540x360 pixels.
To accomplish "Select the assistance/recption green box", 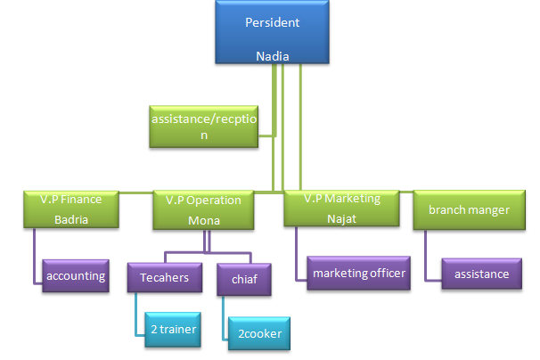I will tap(203, 125).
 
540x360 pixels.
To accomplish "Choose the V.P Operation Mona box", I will tap(203, 209).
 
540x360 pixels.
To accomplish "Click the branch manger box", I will tap(469, 209).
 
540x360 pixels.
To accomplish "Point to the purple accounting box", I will tap(77, 276).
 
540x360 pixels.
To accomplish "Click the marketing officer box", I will tap(359, 273).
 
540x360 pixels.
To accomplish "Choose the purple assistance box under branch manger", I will tap(481, 274).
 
